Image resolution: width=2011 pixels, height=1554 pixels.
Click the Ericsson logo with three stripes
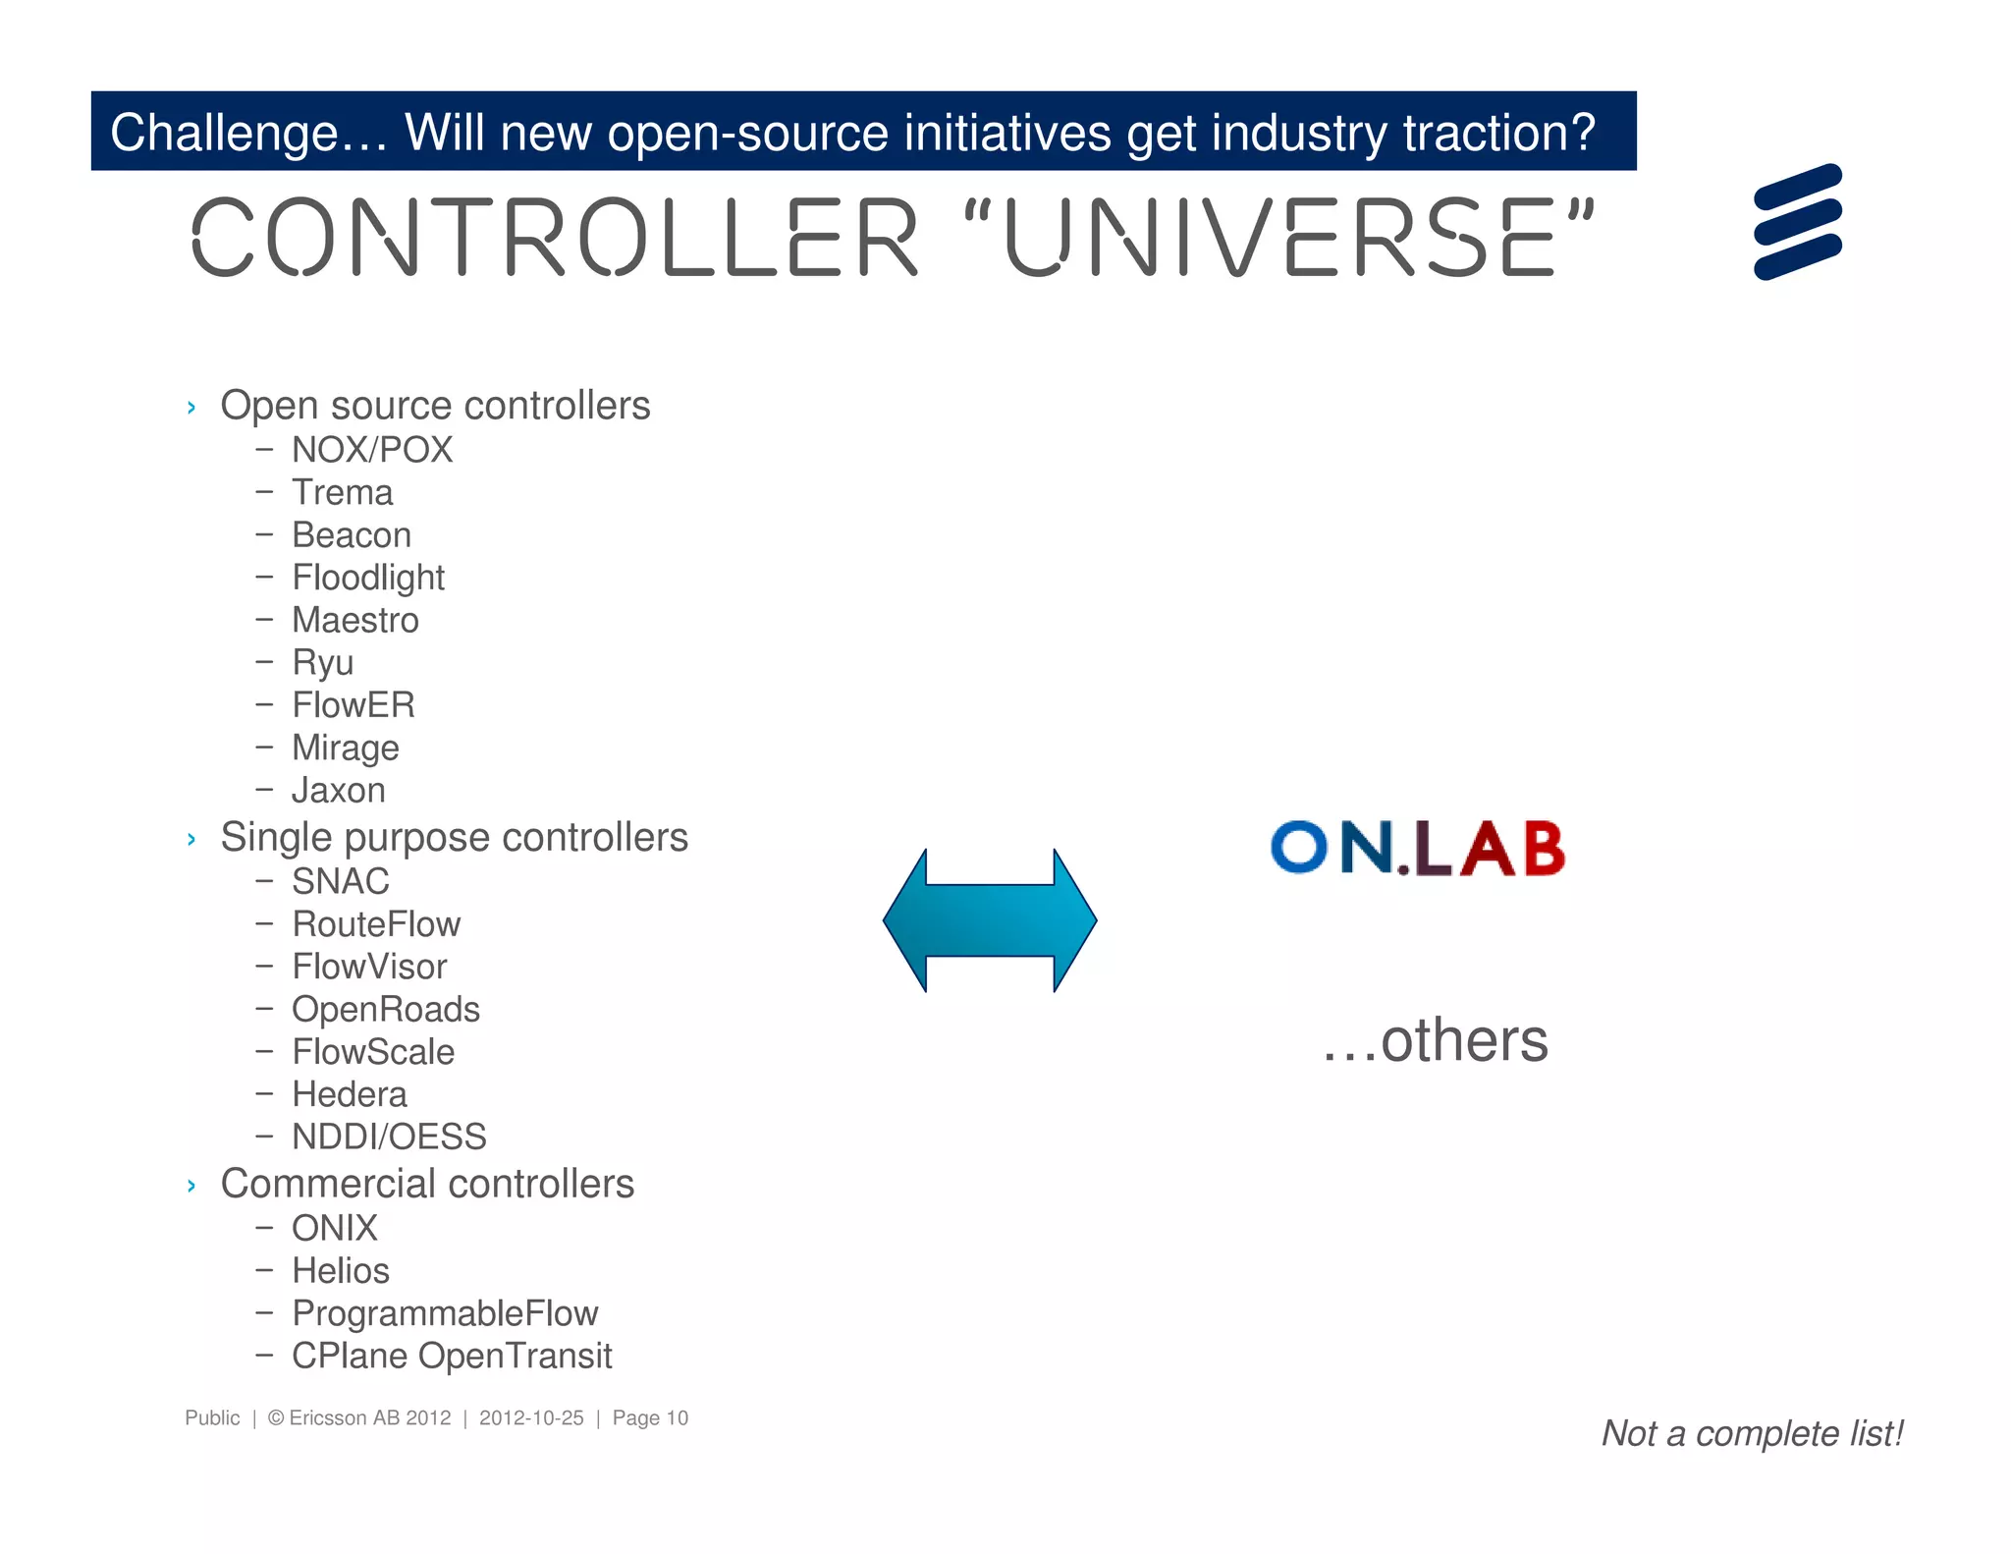[x=1797, y=222]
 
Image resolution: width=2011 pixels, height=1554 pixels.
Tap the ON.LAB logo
[x=1417, y=848]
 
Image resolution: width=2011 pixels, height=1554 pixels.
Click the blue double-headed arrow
[x=990, y=920]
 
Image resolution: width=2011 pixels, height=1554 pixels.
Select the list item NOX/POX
[x=372, y=450]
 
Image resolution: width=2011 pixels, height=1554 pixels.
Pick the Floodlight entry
[x=368, y=578]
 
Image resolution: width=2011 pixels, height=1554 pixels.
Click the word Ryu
[x=323, y=663]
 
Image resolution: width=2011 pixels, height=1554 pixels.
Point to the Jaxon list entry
[x=339, y=791]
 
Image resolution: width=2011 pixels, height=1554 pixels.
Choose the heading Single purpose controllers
[x=454, y=838]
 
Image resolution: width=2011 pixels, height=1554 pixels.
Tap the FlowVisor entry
[x=369, y=967]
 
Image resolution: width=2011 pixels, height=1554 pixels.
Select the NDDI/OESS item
[x=389, y=1137]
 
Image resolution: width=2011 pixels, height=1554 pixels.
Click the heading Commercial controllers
[x=427, y=1184]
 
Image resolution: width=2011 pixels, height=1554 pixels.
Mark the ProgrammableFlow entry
[x=445, y=1313]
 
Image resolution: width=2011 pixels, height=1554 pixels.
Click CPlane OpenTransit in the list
[x=452, y=1357]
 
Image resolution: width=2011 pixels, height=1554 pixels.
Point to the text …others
[x=1435, y=1041]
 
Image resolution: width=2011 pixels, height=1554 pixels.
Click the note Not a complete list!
[x=1753, y=1434]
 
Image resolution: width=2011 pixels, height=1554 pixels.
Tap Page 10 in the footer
[x=650, y=1418]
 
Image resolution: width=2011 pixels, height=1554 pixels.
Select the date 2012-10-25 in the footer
[x=531, y=1418]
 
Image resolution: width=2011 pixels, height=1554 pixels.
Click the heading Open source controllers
[x=435, y=406]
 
